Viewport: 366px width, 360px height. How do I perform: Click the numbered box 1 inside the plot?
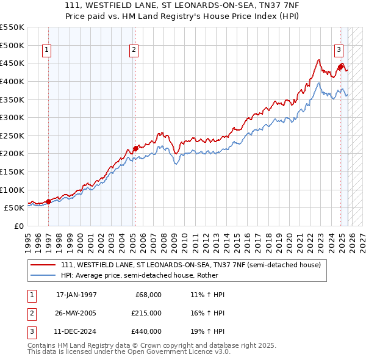[x=48, y=51]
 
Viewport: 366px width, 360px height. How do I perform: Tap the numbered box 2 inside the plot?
[x=134, y=51]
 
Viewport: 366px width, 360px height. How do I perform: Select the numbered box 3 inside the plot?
[x=339, y=51]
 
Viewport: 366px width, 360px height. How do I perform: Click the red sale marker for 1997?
[x=48, y=201]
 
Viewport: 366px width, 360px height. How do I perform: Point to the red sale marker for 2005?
[x=135, y=148]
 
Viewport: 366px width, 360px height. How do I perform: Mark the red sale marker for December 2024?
[x=340, y=67]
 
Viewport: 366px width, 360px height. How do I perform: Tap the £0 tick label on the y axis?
[x=18, y=226]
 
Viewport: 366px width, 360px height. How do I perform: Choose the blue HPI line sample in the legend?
[x=43, y=276]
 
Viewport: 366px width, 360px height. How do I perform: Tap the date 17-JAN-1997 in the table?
[x=76, y=295]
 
